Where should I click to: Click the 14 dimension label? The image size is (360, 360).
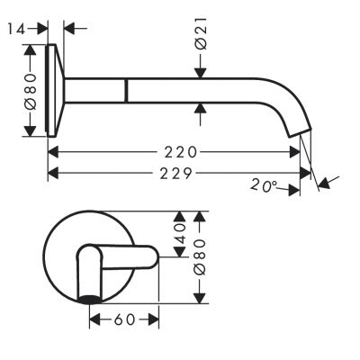pyautogui.click(x=14, y=28)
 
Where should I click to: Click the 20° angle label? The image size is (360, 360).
pyautogui.click(x=263, y=186)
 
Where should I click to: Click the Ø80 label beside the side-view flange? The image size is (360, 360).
pyautogui.click(x=31, y=90)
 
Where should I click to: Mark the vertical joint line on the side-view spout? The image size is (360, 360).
pyautogui.click(x=126, y=91)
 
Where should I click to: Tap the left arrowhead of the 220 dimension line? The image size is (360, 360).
pyautogui.click(x=52, y=151)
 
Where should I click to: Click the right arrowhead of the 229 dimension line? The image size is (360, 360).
pyautogui.click(x=310, y=172)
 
